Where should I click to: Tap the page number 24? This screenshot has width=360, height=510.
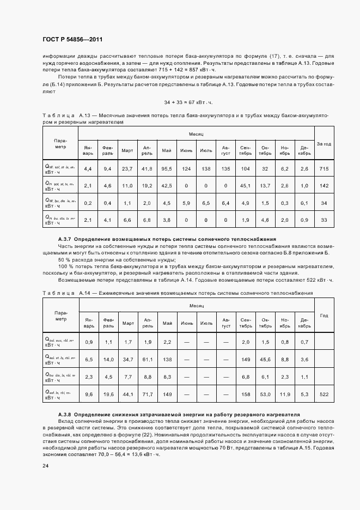click(x=45, y=465)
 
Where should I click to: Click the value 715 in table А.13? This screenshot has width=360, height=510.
click(x=324, y=169)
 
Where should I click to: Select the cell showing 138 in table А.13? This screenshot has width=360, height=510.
click(x=206, y=169)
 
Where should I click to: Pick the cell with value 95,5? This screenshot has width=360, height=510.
click(x=167, y=169)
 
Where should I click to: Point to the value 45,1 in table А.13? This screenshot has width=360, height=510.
click(x=245, y=186)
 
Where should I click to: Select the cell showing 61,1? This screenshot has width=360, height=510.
click(x=147, y=359)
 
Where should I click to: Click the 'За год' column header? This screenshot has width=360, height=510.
click(x=324, y=144)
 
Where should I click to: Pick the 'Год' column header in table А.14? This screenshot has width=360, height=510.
click(x=324, y=315)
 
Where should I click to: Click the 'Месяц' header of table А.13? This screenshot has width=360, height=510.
click(x=196, y=133)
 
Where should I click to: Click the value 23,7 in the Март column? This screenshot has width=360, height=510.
click(x=127, y=169)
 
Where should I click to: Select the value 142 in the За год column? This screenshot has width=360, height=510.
click(x=324, y=186)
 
